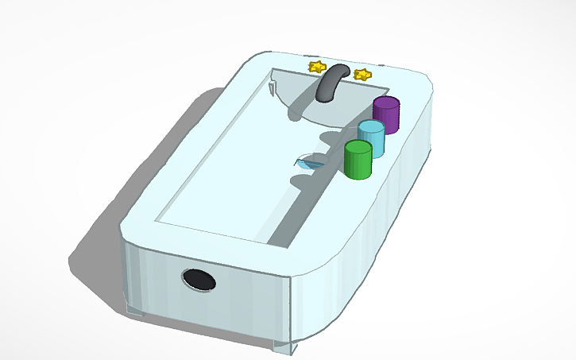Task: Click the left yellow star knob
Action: (x=316, y=66)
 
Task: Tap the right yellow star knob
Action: (x=362, y=75)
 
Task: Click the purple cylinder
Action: (x=386, y=116)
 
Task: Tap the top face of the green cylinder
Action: (x=358, y=147)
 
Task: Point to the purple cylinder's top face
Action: (x=387, y=103)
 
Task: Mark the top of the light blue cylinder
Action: (x=371, y=126)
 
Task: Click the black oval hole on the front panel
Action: (x=198, y=279)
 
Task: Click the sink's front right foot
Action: (x=284, y=346)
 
